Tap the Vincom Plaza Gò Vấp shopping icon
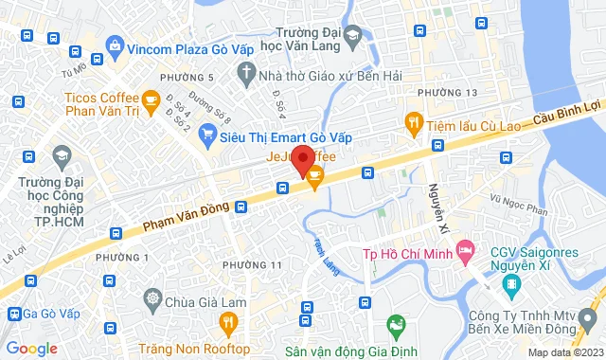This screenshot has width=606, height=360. (115, 45)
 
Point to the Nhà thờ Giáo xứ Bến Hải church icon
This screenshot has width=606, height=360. (247, 72)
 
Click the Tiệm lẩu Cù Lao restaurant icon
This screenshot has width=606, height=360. (413, 121)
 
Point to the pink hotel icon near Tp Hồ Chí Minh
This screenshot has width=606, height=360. (465, 251)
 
